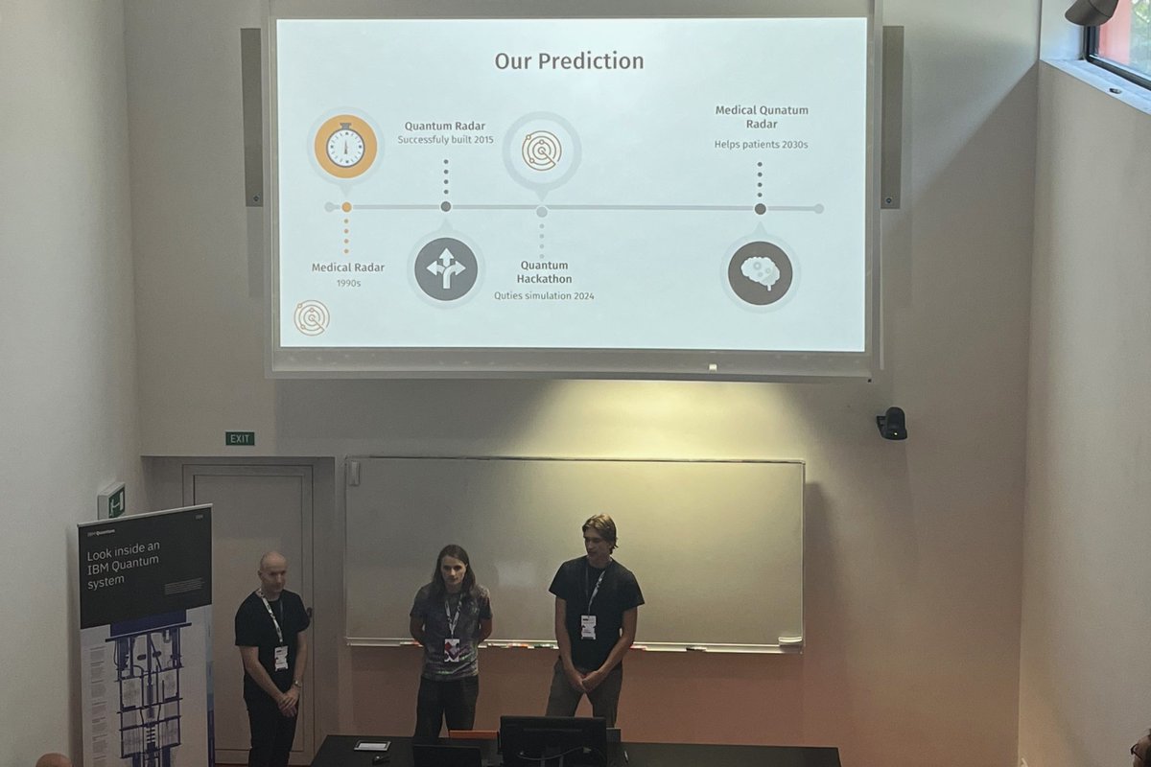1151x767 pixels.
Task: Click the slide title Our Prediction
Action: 569,61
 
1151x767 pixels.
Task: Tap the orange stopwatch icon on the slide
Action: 345,147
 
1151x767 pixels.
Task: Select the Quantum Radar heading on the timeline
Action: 444,126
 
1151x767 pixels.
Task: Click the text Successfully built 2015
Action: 445,140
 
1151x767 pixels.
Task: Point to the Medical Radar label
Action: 346,267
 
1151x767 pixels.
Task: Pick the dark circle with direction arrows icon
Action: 446,269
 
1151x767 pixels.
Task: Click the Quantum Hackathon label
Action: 545,271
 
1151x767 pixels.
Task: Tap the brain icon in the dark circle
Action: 760,273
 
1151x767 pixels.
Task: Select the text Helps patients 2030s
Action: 761,145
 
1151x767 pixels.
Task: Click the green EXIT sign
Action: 240,439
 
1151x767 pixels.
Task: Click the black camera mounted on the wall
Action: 892,423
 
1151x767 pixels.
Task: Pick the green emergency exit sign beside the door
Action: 111,500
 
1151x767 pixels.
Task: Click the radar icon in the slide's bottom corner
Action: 312,317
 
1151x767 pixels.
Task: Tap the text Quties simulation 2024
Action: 544,296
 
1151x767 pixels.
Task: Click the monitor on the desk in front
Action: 552,740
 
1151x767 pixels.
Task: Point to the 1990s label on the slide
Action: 346,284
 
